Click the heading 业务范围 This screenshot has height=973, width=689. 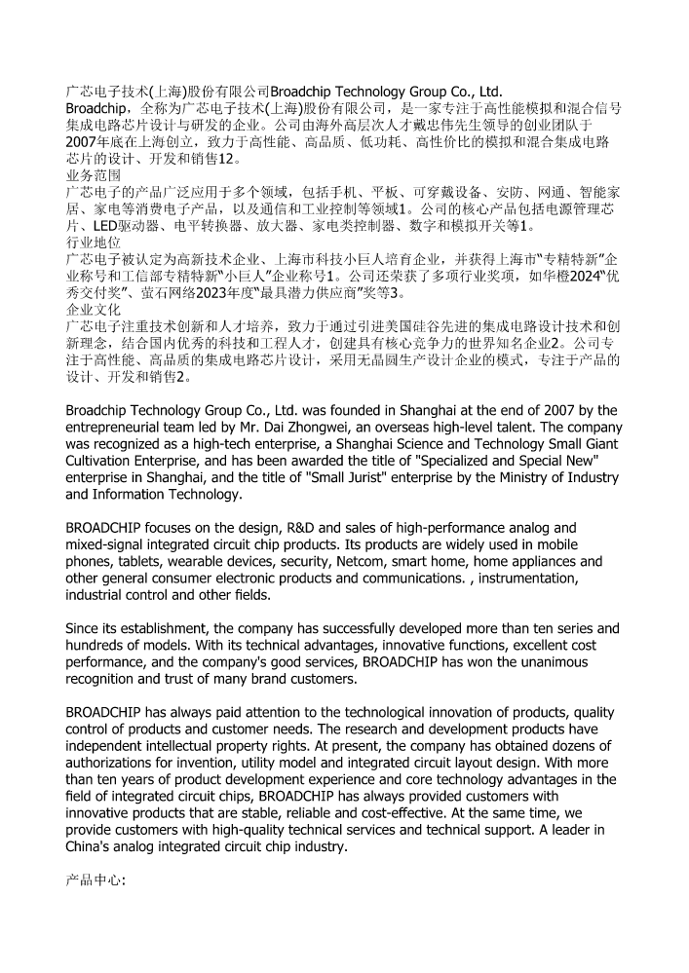94,175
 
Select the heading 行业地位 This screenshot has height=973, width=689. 94,242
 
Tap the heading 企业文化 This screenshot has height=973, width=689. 94,308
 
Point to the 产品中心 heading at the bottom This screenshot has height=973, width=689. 95,879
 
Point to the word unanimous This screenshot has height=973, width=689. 550,661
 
